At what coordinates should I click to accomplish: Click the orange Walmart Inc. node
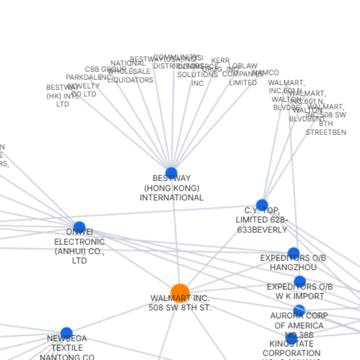click(x=180, y=293)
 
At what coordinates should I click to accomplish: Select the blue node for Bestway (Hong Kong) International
click(x=172, y=173)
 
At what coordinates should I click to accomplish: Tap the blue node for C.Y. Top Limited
click(x=262, y=205)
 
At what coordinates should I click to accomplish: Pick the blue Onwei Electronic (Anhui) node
click(x=79, y=228)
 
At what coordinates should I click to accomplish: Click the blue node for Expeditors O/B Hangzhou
click(x=294, y=253)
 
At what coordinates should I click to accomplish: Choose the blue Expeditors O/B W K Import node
click(x=300, y=282)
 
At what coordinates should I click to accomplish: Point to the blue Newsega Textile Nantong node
click(x=66, y=333)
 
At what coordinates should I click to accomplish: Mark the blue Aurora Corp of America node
click(x=299, y=310)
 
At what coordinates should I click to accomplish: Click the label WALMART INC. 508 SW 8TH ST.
click(x=180, y=303)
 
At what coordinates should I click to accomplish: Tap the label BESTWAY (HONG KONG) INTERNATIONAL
click(x=172, y=188)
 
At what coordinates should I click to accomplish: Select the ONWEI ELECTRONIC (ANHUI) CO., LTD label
click(x=79, y=246)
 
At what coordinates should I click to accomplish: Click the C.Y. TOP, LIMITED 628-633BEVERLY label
click(x=262, y=220)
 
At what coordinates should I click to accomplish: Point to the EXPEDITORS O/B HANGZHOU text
click(x=293, y=262)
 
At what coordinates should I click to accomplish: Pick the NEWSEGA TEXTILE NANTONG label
click(x=67, y=348)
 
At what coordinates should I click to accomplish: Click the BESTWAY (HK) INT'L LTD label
click(x=62, y=96)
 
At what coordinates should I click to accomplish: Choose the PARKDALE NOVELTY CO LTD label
click(x=83, y=85)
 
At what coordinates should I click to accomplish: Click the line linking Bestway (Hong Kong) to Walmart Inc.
click(x=175, y=236)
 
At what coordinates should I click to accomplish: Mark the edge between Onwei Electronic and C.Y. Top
click(x=169, y=217)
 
